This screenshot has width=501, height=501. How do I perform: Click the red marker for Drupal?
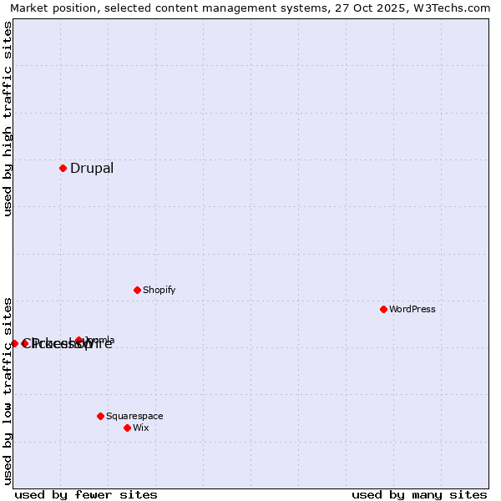pos(63,168)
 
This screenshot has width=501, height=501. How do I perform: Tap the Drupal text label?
pos(92,168)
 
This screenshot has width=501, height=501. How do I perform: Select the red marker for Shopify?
pos(137,290)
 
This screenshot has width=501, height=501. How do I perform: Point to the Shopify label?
pos(159,290)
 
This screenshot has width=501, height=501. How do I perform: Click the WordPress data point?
pos(383,309)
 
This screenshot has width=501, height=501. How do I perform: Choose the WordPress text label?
pos(412,309)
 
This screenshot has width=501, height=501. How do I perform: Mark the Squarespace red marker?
pos(100,416)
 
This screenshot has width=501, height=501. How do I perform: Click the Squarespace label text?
pos(134,416)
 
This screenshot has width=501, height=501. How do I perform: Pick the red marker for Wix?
pos(127,428)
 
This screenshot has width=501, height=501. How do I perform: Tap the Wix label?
pos(140,428)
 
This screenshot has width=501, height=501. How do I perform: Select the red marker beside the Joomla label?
pos(79,340)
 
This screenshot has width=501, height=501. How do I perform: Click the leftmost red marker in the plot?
pos(14,343)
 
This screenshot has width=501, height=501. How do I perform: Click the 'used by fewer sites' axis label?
pos(86,494)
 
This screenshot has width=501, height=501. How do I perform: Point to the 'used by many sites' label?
pos(419,494)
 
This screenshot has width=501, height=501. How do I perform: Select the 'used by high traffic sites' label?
pos(8,119)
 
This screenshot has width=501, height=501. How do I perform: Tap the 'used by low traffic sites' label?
pos(8,390)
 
